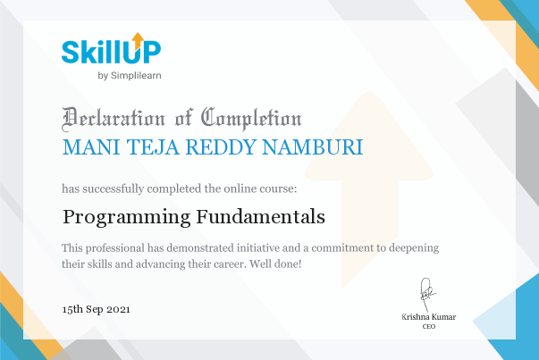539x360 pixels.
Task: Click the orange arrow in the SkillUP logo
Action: point(138,41)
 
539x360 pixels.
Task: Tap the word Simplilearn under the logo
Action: point(136,76)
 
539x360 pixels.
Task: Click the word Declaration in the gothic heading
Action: point(114,119)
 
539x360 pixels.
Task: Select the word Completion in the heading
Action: point(251,119)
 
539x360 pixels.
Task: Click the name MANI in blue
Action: point(91,147)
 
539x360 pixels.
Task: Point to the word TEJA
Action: point(154,147)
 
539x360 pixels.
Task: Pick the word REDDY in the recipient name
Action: point(221,147)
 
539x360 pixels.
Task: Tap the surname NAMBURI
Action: point(313,147)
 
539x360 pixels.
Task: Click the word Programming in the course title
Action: point(127,217)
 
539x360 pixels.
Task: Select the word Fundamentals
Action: point(261,216)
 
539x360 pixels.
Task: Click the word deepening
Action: point(414,248)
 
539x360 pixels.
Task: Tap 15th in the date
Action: point(72,309)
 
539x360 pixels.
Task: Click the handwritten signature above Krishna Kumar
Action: point(426,293)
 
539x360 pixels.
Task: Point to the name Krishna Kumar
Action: point(429,317)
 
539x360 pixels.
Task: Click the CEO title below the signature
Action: point(429,326)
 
